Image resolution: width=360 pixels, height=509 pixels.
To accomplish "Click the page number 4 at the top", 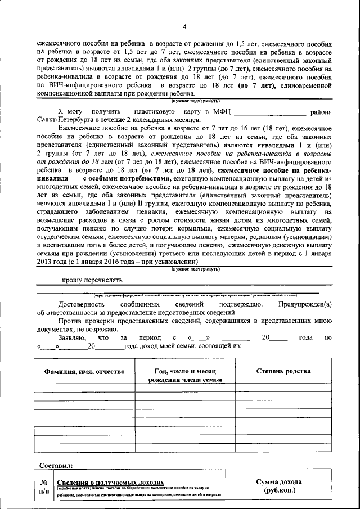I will pyautogui.click(x=184, y=27).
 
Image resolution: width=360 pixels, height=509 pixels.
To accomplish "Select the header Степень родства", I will pyautogui.click(x=283, y=372).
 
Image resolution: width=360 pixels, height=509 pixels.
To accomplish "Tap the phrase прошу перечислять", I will pyautogui.click(x=91, y=280).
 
